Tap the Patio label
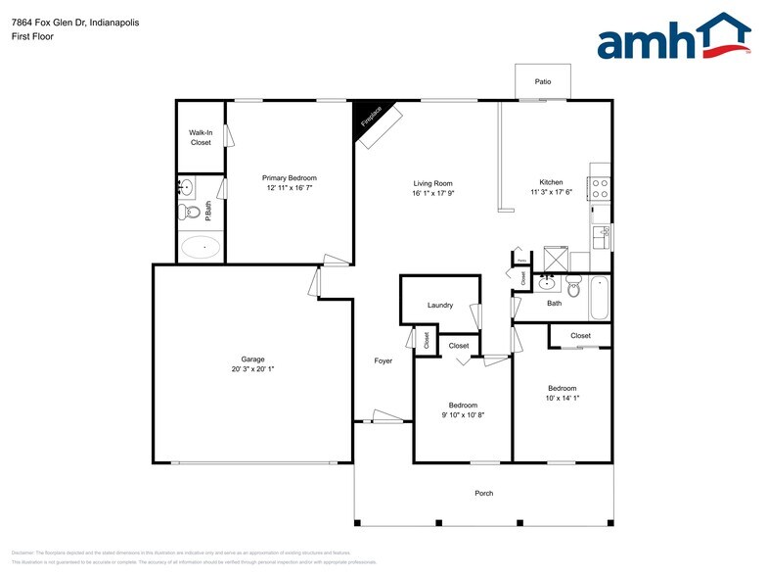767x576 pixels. [542, 82]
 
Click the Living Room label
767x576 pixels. [432, 183]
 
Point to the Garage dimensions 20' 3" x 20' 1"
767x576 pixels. [252, 369]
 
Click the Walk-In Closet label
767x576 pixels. [201, 137]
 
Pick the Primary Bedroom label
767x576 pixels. [289, 177]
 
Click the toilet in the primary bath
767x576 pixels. [191, 211]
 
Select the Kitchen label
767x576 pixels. [552, 182]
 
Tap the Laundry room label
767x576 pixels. [440, 305]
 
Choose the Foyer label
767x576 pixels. [383, 361]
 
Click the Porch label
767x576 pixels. [483, 493]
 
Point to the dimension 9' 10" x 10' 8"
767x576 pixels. [463, 415]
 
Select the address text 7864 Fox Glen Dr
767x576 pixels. [53, 23]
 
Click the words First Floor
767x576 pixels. [33, 36]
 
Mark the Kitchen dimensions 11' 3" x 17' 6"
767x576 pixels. [552, 193]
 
